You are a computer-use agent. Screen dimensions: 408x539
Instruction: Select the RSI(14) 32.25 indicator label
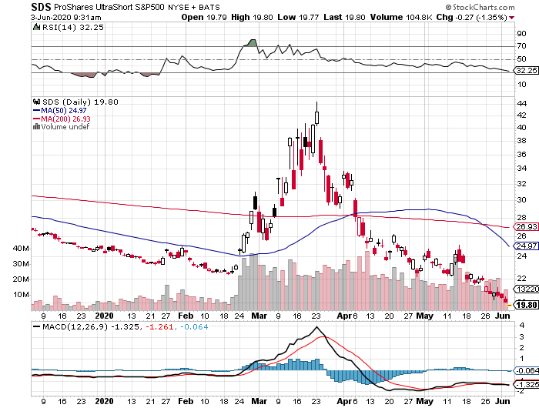(x=59, y=26)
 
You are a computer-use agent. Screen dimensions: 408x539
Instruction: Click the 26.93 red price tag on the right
(x=526, y=226)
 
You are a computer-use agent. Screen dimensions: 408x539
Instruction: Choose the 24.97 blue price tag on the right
(x=526, y=246)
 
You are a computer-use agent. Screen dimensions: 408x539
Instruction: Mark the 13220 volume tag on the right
(x=526, y=289)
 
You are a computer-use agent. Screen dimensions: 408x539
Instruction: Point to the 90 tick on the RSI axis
(x=522, y=33)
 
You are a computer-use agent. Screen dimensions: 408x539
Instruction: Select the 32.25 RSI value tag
(x=526, y=70)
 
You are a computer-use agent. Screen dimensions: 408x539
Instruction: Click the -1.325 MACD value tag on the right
(x=526, y=384)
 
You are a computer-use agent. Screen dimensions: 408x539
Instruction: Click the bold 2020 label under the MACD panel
(x=105, y=401)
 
